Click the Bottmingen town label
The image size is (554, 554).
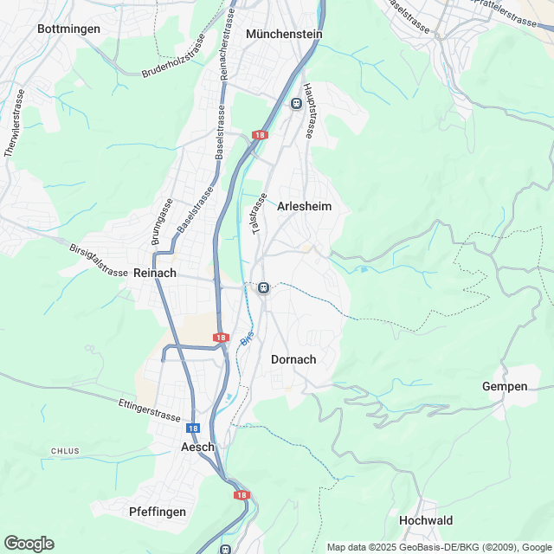click(x=69, y=29)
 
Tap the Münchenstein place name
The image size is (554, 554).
click(x=284, y=34)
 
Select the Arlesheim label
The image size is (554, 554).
click(x=305, y=207)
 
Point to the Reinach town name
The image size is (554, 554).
click(x=156, y=273)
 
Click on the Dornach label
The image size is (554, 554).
click(x=293, y=359)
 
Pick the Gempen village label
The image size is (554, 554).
click(x=505, y=386)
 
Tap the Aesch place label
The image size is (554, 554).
click(x=196, y=448)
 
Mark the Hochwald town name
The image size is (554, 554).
click(x=426, y=520)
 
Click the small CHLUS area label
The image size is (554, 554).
click(x=65, y=451)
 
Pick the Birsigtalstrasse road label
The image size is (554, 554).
click(x=99, y=259)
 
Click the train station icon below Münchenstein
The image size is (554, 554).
click(x=297, y=104)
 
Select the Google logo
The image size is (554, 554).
click(x=28, y=544)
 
